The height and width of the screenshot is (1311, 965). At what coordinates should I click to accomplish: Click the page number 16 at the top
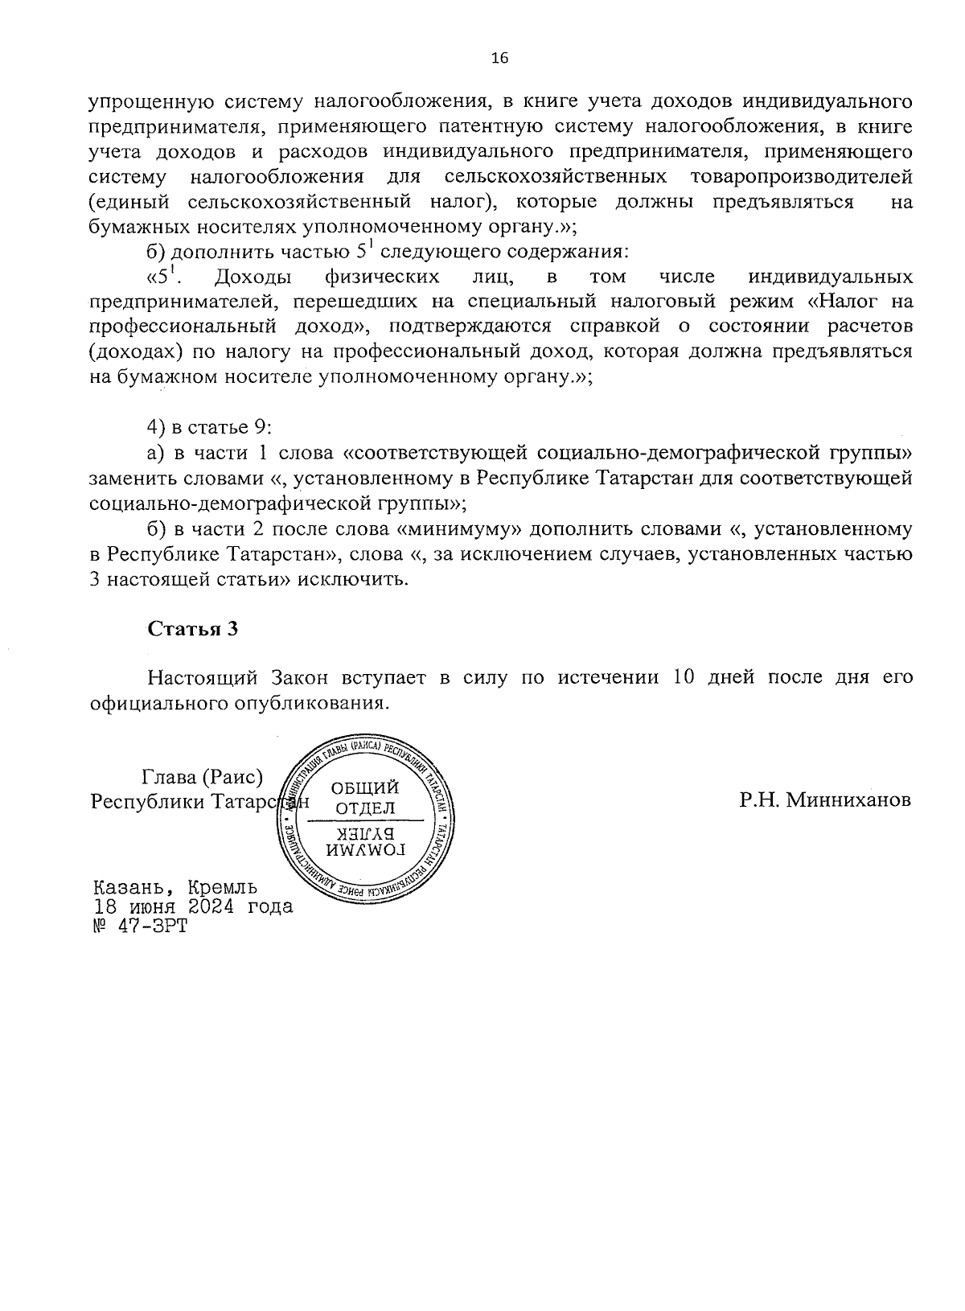click(x=499, y=58)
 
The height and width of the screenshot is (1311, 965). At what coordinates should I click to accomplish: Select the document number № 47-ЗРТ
click(x=139, y=927)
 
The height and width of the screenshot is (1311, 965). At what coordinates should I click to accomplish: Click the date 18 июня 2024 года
click(x=193, y=906)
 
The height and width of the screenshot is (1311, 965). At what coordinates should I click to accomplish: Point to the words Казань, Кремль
click(x=175, y=887)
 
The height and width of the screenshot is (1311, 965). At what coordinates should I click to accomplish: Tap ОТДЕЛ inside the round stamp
click(x=365, y=807)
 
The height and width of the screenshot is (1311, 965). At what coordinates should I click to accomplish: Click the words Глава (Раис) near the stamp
click(x=202, y=777)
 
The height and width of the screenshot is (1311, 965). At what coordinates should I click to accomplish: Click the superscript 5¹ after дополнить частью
click(x=363, y=251)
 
